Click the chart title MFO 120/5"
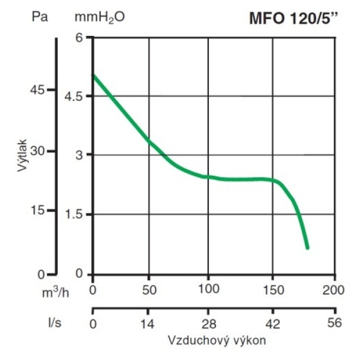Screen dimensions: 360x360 [294, 18]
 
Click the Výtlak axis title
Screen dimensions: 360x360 [23, 154]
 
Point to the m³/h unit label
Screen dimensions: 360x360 [58, 292]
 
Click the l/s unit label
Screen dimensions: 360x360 [56, 322]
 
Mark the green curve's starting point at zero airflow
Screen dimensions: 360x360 [94, 76]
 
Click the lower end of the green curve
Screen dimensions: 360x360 [307, 247]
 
